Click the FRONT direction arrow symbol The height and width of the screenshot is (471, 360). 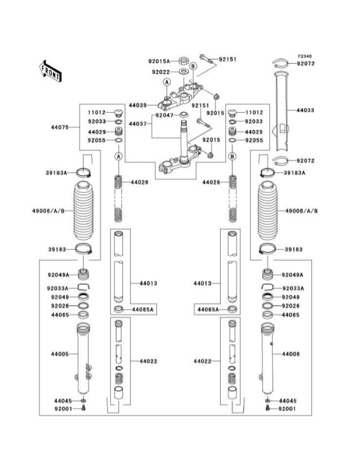pyautogui.click(x=50, y=71)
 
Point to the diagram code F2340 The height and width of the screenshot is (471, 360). pyautogui.click(x=305, y=56)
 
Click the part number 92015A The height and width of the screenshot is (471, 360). pyautogui.click(x=159, y=61)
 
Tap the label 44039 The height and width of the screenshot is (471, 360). pyautogui.click(x=137, y=105)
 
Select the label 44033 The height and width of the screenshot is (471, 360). pyautogui.click(x=305, y=111)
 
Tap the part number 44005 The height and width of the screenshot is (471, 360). pyautogui.click(x=60, y=354)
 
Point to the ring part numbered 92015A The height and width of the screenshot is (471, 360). pyautogui.click(x=185, y=61)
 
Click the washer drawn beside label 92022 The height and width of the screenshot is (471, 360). pyautogui.click(x=184, y=72)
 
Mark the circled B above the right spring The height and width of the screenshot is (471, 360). pyautogui.click(x=232, y=155)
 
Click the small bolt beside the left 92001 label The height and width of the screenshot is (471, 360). pyautogui.click(x=84, y=408)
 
